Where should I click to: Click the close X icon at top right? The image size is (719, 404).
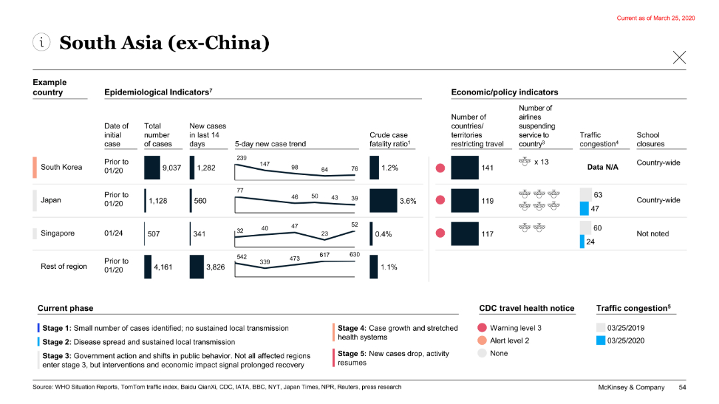point(679,58)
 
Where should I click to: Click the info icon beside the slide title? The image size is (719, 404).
point(41,43)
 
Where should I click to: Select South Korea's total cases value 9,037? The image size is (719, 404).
point(171,168)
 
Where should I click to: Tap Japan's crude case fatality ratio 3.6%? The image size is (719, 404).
point(407,201)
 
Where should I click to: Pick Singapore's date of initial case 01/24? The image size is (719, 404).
point(113,234)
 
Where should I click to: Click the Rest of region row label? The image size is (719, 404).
point(64,266)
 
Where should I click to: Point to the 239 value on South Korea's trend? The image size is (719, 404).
point(242,157)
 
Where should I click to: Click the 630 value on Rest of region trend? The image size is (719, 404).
point(354,254)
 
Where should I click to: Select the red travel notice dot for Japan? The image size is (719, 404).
point(440,200)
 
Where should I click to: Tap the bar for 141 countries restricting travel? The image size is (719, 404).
point(465,168)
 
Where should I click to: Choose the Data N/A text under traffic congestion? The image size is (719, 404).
point(602,167)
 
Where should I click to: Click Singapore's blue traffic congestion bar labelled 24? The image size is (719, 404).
point(582,242)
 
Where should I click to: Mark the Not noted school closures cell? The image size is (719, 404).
point(652,234)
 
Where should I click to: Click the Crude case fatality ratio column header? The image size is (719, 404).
point(389,139)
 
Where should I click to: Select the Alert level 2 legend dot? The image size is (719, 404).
point(483,341)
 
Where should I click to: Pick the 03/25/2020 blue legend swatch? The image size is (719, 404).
point(600,341)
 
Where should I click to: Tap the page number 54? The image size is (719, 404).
point(682,387)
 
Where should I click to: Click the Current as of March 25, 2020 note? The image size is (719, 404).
point(655,18)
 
